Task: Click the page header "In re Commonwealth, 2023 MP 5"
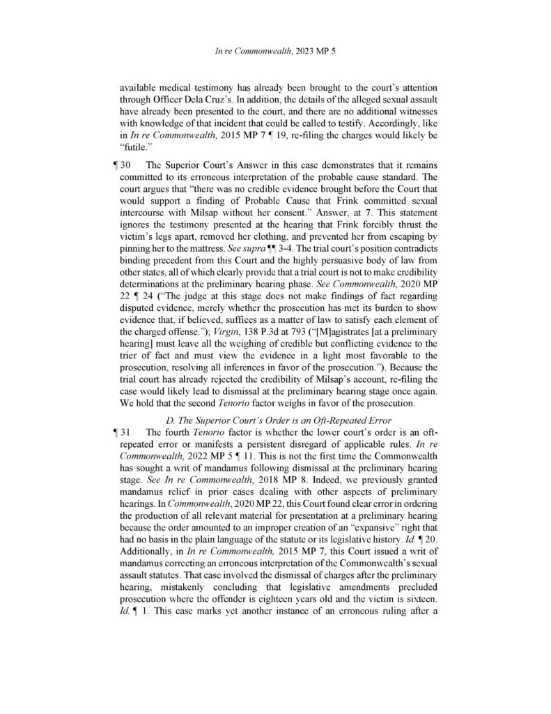point(275,51)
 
